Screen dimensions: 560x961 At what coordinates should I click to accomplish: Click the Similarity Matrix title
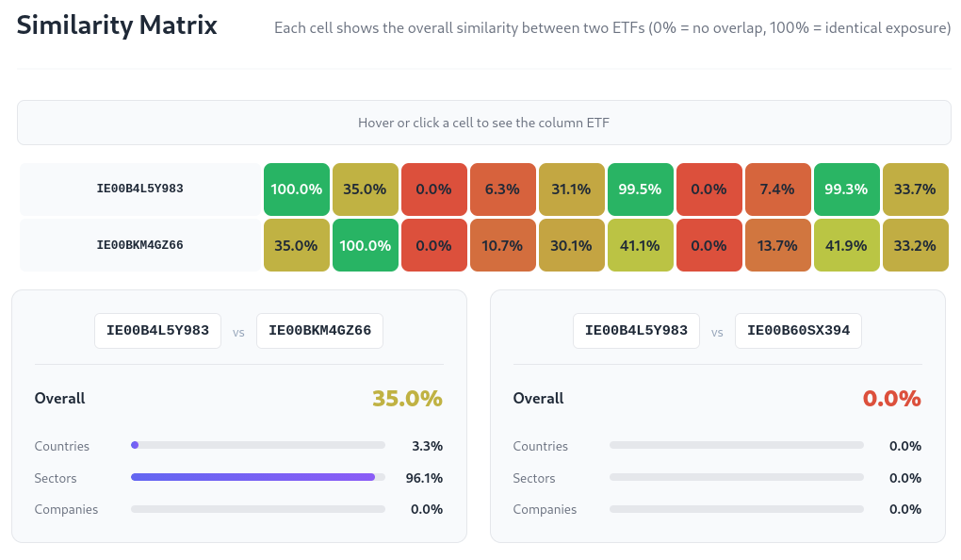tap(117, 25)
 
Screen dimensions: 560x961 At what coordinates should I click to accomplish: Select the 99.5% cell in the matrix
tap(641, 189)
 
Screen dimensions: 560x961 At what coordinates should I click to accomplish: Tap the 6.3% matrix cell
tap(503, 189)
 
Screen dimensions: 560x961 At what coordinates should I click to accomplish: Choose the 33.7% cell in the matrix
tap(915, 189)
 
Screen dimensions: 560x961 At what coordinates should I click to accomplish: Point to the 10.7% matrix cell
tap(503, 245)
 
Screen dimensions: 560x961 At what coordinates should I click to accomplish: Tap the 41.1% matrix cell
tap(641, 245)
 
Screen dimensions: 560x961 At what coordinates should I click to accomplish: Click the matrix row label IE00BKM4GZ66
tap(139, 245)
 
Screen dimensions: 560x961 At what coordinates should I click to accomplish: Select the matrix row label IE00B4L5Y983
tap(139, 189)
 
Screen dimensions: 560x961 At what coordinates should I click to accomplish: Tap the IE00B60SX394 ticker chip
tap(798, 331)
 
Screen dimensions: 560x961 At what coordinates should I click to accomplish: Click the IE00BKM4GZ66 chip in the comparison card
tap(319, 331)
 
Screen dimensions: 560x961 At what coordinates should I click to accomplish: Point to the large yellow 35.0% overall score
tap(407, 399)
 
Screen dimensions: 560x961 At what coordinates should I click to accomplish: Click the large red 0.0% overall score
tap(891, 399)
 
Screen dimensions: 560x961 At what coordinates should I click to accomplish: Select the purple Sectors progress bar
tap(252, 477)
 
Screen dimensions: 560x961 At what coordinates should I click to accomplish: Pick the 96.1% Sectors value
tap(424, 478)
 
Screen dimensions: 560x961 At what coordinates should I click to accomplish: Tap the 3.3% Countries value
tap(427, 446)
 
